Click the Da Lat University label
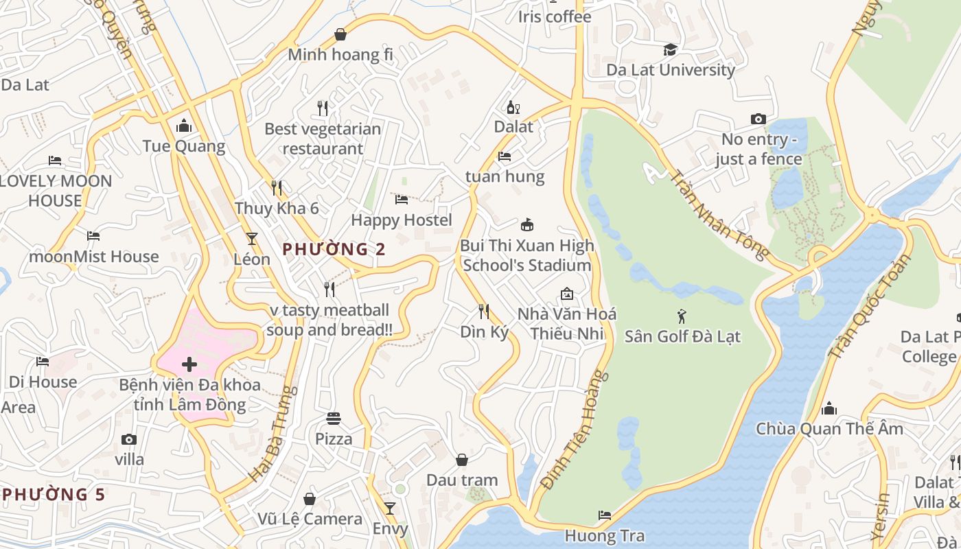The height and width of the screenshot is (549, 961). click(x=670, y=70)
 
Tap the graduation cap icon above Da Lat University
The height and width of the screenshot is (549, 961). click(x=670, y=49)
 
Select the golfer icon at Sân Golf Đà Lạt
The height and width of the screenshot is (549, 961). click(x=682, y=316)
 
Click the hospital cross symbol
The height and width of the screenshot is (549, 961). click(x=189, y=364)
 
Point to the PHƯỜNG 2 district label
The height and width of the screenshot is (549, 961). click(x=334, y=249)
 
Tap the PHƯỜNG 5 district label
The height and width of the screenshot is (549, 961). click(x=54, y=494)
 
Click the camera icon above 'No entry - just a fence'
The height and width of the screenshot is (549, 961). click(x=758, y=119)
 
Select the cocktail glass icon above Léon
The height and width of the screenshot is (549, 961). click(x=252, y=239)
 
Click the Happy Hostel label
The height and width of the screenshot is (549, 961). click(x=402, y=220)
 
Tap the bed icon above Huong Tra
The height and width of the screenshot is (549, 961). click(x=604, y=515)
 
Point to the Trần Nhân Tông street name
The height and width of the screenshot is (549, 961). click(x=719, y=215)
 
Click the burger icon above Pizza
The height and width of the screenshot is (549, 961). click(x=334, y=419)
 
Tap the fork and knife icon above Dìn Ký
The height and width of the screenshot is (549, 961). click(x=484, y=312)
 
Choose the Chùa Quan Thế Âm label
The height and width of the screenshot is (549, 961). click(x=829, y=429)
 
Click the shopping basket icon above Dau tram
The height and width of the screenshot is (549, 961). click(x=462, y=460)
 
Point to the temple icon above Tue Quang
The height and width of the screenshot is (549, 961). click(x=183, y=126)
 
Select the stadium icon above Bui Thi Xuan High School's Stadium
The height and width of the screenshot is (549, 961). click(x=526, y=225)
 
